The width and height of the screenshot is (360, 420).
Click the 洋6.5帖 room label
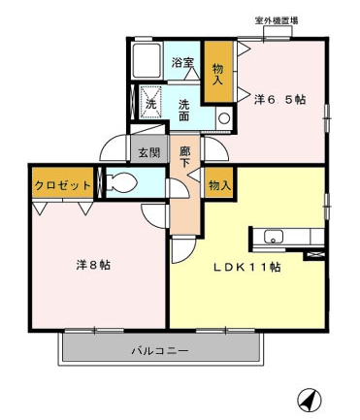click(281, 100)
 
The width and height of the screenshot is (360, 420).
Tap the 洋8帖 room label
click(93, 264)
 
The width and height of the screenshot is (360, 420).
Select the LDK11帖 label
click(247, 267)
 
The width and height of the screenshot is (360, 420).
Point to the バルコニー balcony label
click(160, 350)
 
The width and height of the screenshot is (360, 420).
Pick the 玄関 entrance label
click(148, 152)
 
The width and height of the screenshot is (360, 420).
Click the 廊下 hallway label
click(185, 157)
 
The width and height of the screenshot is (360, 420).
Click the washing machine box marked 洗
click(150, 99)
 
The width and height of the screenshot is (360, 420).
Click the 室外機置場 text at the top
click(277, 20)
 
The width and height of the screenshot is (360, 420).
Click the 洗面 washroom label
click(184, 110)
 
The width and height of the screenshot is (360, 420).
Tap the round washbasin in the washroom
click(224, 118)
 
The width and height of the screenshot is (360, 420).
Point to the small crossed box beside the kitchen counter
click(314, 254)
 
